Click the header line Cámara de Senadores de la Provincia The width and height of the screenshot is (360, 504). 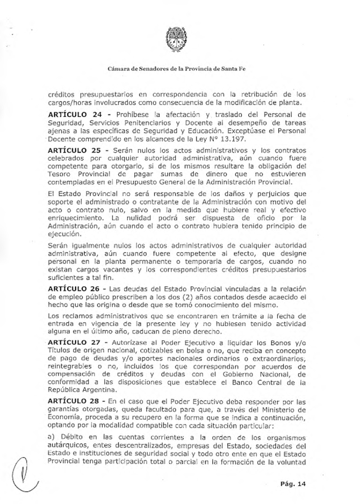pyautogui.click(x=176, y=69)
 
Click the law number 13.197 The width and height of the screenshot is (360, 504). pyautogui.click(x=235, y=139)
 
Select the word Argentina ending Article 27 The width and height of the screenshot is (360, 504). pyautogui.click(x=100, y=390)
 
